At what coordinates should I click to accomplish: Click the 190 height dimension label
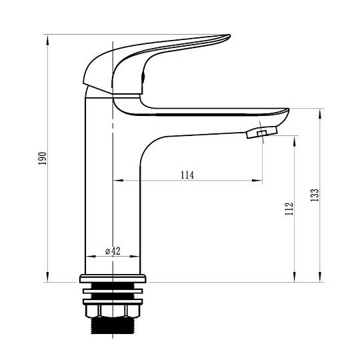42,158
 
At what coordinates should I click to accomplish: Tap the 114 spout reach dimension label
187,175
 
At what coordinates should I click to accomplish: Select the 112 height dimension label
289,209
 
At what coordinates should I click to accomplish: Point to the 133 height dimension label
315,195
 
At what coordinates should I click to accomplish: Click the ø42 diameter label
113,251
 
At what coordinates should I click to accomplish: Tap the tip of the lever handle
229,36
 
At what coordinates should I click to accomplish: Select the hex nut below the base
113,311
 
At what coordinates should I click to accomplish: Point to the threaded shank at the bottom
113,325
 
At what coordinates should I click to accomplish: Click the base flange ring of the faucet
113,279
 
